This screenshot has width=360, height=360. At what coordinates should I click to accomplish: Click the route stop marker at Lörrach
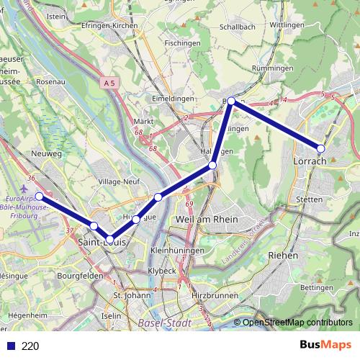[321, 148]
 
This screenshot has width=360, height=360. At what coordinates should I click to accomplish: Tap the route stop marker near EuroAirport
[40, 196]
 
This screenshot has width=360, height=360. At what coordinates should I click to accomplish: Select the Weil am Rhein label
[204, 218]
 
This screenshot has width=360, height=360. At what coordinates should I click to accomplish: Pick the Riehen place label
[282, 255]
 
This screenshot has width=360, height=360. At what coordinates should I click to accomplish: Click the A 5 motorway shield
[109, 84]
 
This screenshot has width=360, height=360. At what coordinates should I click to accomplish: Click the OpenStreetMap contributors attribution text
[297, 323]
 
